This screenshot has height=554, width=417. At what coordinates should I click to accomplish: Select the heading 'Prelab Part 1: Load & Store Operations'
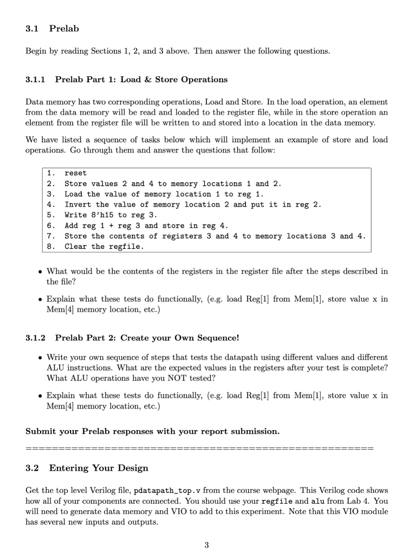pyautogui.click(x=141, y=80)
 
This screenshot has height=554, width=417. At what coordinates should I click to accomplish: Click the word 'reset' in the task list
pyautogui.click(x=75, y=174)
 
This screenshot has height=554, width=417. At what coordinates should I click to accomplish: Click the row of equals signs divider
pyautogui.click(x=199, y=449)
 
